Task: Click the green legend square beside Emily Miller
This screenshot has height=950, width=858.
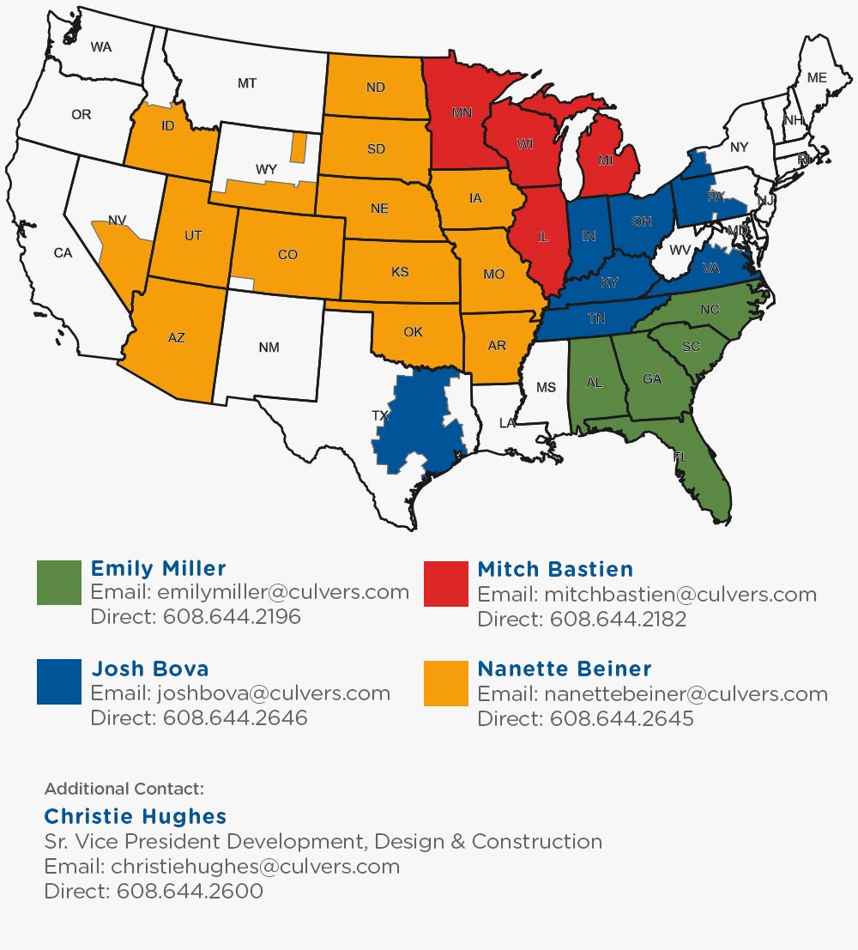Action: coord(59,583)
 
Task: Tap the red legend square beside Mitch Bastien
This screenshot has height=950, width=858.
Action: coord(446,584)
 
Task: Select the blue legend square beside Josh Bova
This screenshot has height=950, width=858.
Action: coord(59,682)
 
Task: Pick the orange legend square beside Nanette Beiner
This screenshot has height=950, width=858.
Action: coord(446,683)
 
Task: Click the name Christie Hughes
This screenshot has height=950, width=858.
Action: coord(135,816)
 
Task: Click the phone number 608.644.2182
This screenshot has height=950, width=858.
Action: coord(618,619)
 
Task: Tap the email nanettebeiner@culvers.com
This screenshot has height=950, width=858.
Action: coord(684,693)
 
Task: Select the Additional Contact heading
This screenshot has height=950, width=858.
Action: coord(124,789)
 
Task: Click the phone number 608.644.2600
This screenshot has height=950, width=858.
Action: coord(189,892)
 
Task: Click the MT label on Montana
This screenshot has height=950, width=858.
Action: coord(247,83)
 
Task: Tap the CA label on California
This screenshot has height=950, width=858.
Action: coord(63,252)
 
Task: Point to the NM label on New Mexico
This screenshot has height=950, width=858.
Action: coord(269,347)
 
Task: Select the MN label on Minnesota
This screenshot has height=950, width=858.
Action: coord(462,112)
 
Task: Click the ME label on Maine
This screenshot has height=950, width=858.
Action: coord(817,78)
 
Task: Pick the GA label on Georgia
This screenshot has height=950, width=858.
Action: coord(652,378)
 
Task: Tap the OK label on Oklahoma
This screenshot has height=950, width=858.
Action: coord(413,332)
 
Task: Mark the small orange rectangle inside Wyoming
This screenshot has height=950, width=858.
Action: coord(298,147)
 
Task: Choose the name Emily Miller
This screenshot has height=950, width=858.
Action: coord(159,568)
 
